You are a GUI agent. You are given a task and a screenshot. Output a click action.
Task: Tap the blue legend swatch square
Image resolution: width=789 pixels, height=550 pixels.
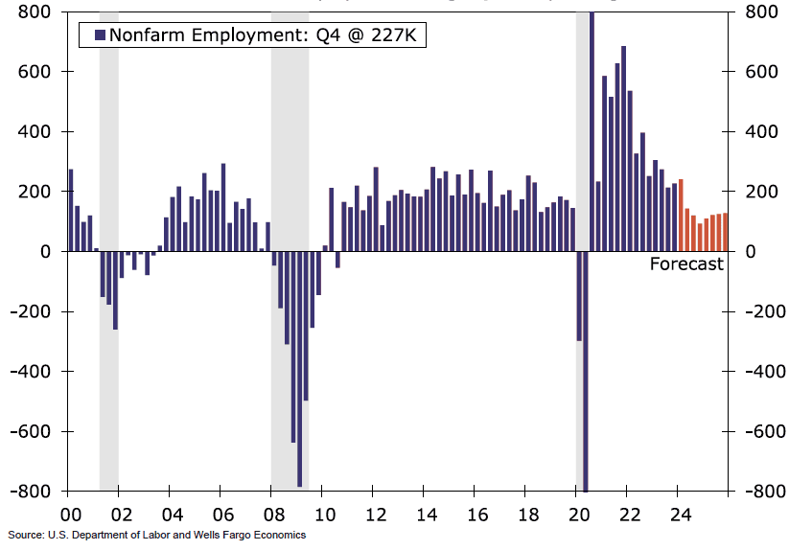[x=99, y=35]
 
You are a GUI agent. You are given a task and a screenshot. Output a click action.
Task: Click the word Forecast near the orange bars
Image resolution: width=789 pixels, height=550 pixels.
[x=686, y=264]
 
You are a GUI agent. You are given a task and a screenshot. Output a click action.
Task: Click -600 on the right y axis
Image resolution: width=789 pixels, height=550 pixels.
[x=755, y=431]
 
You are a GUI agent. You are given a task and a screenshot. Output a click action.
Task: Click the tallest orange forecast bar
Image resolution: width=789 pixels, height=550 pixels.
[x=681, y=216]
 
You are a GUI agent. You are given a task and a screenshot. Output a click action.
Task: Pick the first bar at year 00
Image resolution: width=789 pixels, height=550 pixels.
[x=71, y=211]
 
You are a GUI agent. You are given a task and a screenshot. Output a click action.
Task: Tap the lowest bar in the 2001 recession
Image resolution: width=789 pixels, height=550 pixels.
[x=115, y=290]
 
